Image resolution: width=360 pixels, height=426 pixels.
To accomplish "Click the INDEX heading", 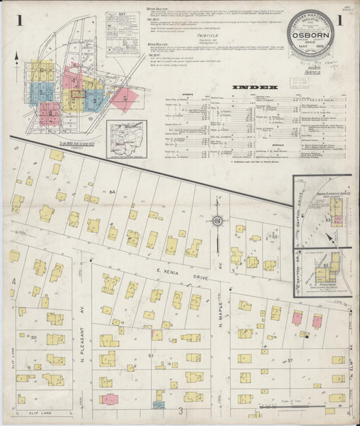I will coord(254,87).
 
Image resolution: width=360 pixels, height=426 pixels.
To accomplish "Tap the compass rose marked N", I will coord(217,221).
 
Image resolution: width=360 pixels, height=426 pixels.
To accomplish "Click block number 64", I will coord(113,192).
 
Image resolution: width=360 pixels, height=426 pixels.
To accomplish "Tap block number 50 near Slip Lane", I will coord(34,336).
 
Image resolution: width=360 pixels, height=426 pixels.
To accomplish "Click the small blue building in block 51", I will coord(159,404).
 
